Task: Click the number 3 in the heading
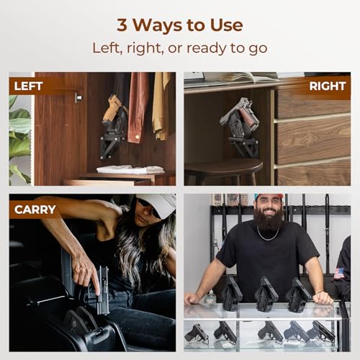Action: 123,24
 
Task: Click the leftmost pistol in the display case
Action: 197,333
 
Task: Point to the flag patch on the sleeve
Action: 339,274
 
